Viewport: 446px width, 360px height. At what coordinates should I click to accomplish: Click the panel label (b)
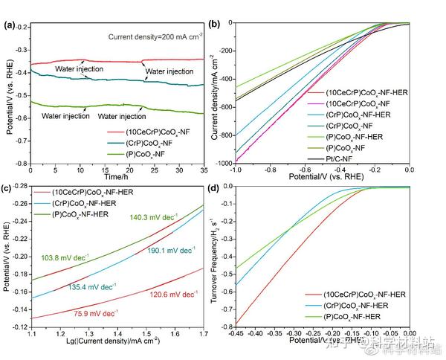(216, 25)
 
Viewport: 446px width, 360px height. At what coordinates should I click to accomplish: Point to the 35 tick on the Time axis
(203, 170)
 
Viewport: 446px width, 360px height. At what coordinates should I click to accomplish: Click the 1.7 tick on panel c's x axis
(203, 334)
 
